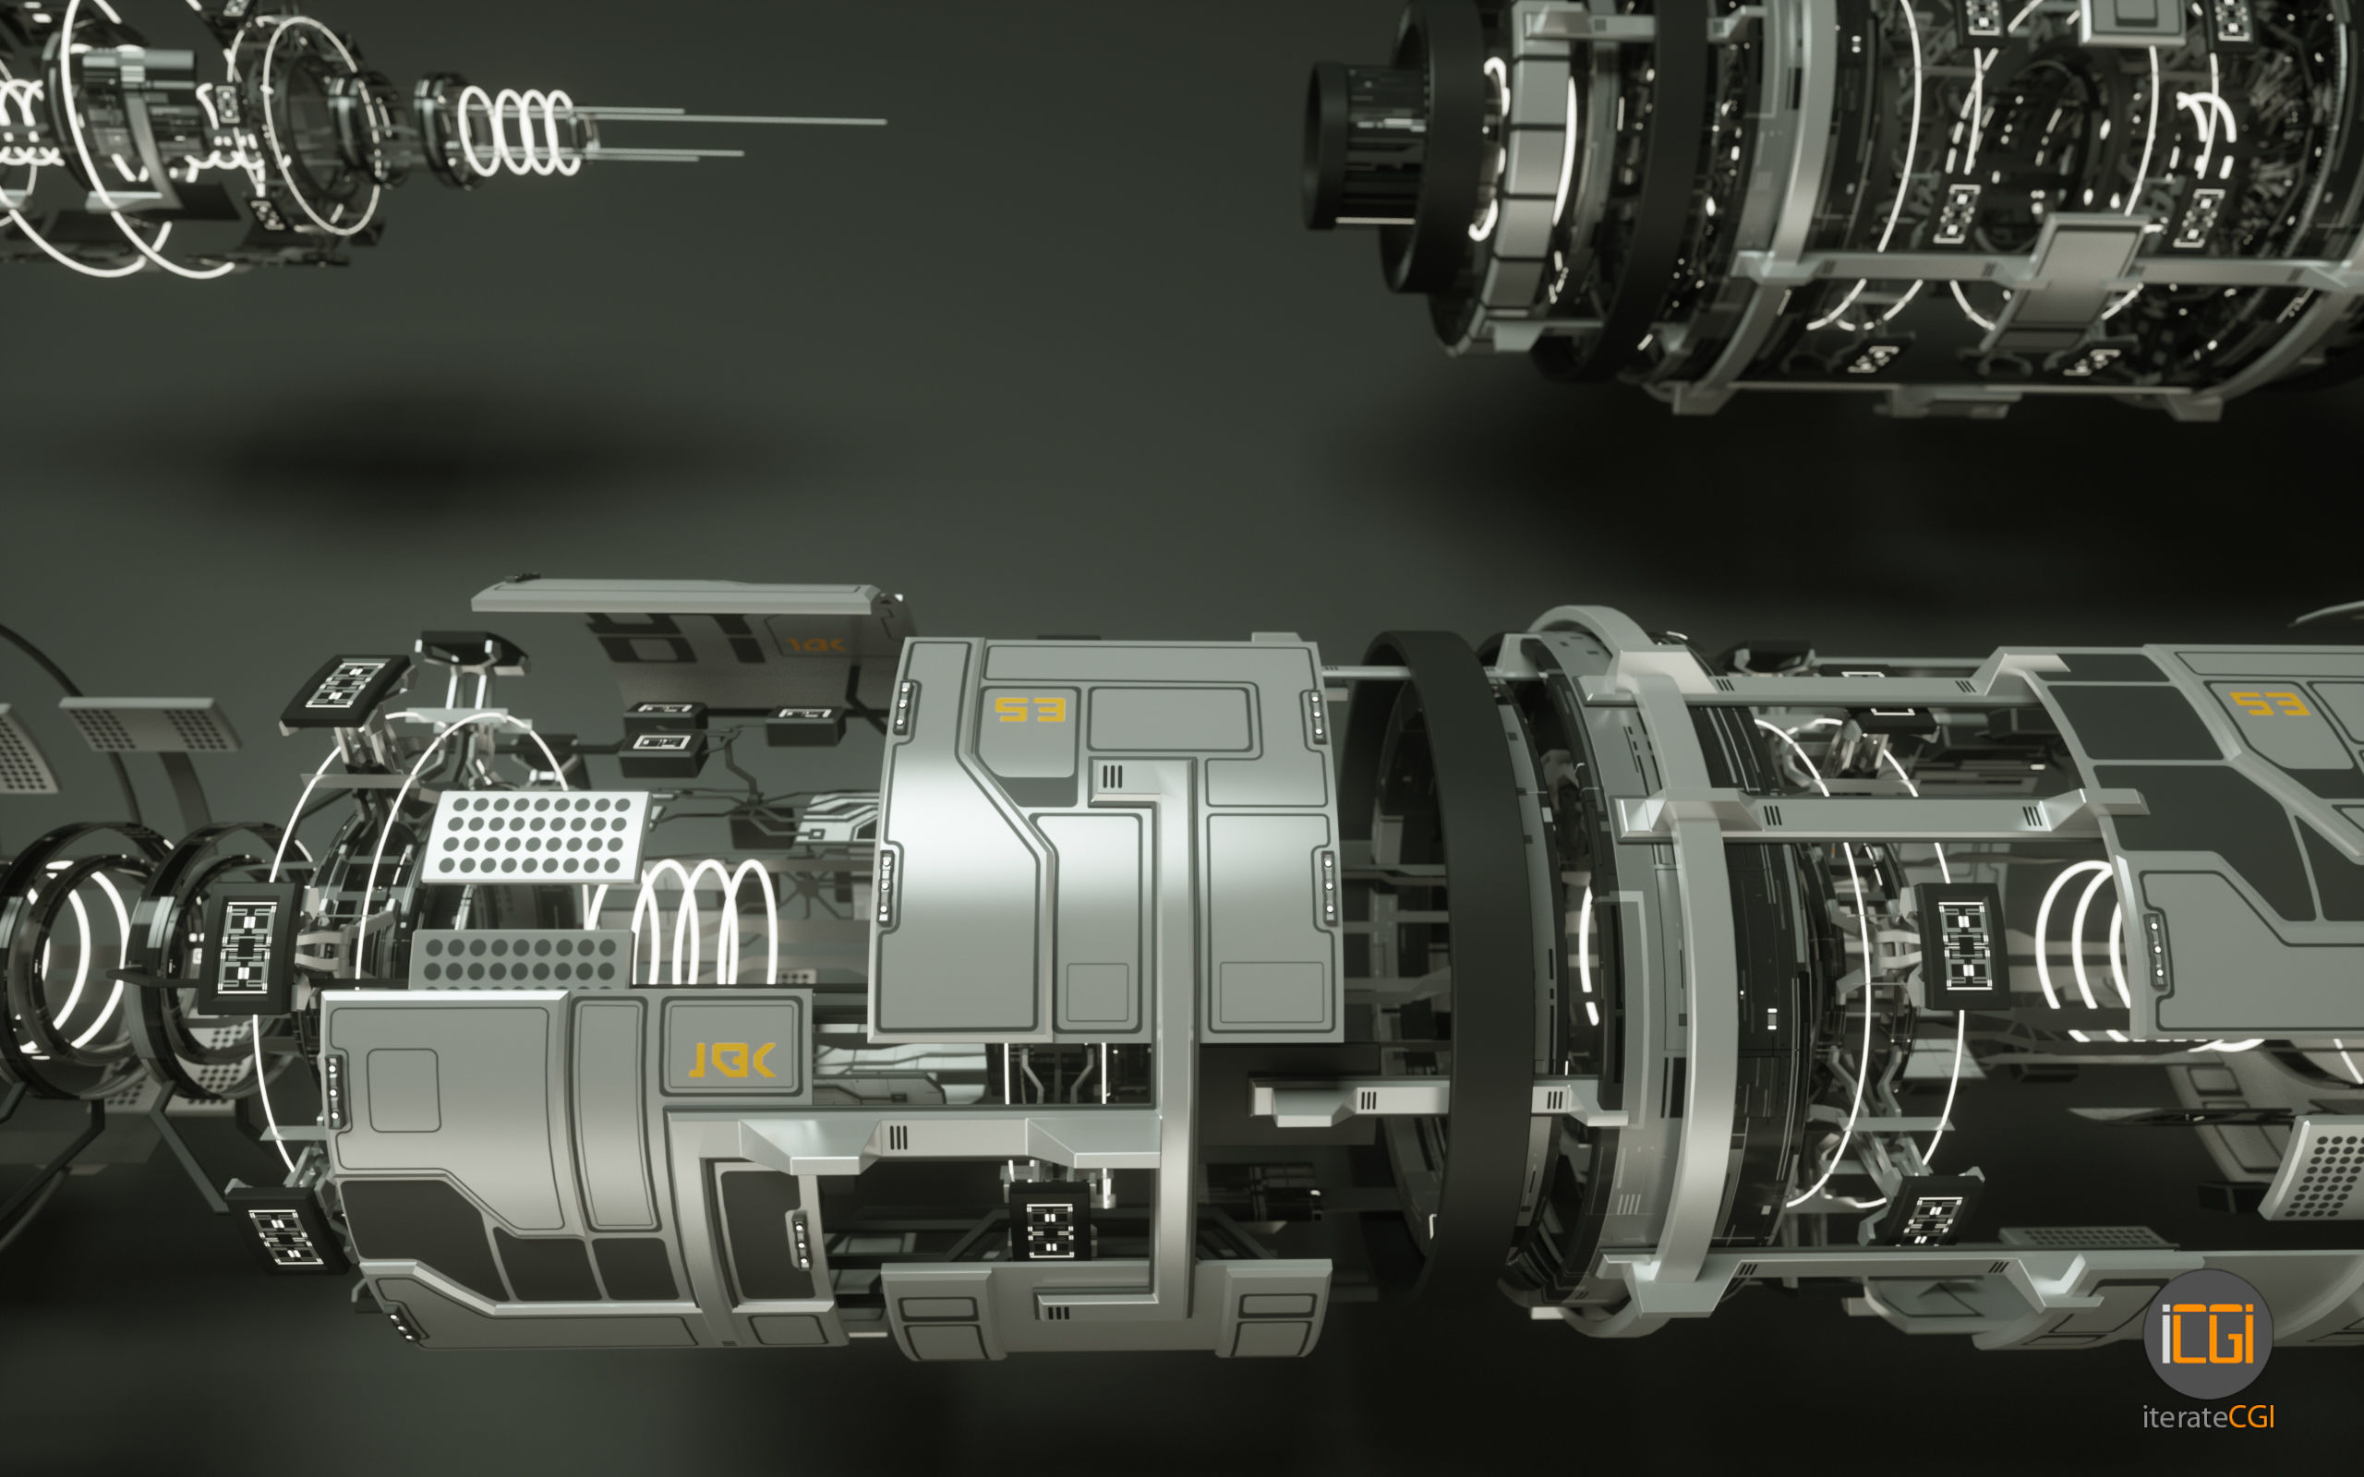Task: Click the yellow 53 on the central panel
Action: pos(1029,710)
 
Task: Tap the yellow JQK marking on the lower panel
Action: pos(732,1060)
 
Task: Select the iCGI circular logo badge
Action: pos(2207,1335)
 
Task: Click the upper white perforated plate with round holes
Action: pos(536,836)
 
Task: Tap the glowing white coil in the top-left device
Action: pos(518,132)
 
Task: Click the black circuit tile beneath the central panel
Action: pos(1049,1226)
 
